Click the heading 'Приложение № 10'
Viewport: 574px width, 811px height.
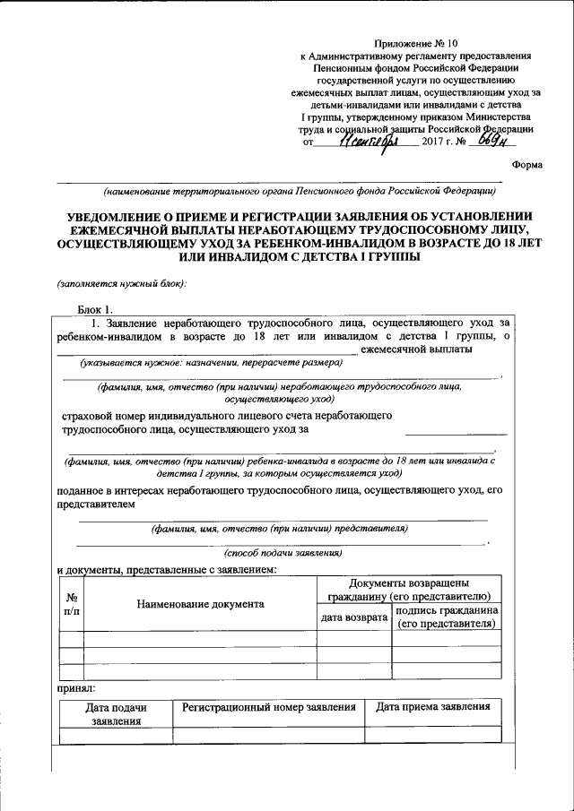click(420, 43)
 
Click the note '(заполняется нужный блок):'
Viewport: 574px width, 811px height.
click(122, 284)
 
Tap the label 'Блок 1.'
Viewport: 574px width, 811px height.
click(97, 309)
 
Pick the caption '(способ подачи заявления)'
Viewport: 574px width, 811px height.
click(283, 554)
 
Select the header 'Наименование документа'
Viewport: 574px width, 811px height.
click(200, 604)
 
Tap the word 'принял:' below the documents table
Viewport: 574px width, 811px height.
click(75, 689)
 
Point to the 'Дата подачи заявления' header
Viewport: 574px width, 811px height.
click(116, 713)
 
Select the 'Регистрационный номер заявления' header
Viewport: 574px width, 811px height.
click(268, 707)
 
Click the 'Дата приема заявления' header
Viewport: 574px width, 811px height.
click(433, 707)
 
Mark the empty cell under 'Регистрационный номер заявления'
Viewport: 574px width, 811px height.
click(268, 736)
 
